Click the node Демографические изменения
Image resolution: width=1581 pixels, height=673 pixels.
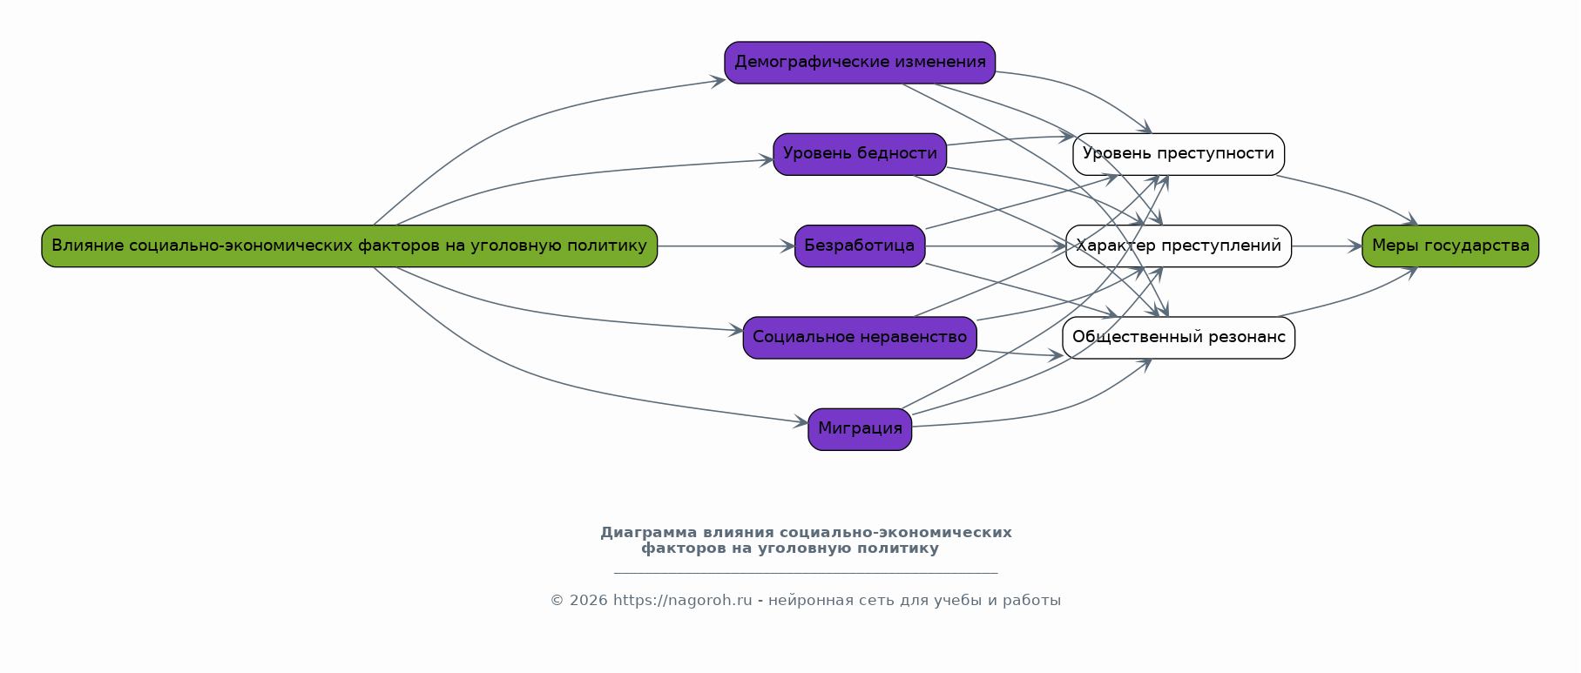pyautogui.click(x=859, y=63)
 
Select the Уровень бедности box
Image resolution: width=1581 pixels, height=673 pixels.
pyautogui.click(x=859, y=154)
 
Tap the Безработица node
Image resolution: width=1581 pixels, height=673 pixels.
pyautogui.click(x=859, y=246)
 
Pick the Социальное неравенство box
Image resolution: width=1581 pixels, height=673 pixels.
pyautogui.click(x=859, y=338)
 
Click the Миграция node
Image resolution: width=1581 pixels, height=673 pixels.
pyautogui.click(x=859, y=429)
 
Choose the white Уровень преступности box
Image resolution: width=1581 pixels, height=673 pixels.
pyautogui.click(x=1178, y=154)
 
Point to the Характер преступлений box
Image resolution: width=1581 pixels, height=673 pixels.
pyautogui.click(x=1178, y=246)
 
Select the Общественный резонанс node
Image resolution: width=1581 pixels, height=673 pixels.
pyautogui.click(x=1178, y=338)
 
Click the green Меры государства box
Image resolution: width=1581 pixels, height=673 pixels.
pyautogui.click(x=1449, y=246)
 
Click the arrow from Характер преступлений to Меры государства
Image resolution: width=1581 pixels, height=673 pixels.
pyautogui.click(x=1324, y=246)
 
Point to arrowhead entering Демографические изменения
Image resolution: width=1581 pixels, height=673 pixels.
pyautogui.click(x=719, y=81)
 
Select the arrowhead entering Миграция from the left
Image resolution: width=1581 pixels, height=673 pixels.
pyautogui.click(x=801, y=423)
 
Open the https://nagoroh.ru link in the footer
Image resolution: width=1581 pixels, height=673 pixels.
pyautogui.click(x=682, y=601)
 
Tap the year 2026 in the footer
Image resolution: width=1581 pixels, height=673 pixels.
pyautogui.click(x=588, y=601)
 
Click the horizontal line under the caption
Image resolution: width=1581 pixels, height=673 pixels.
pyautogui.click(x=805, y=573)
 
